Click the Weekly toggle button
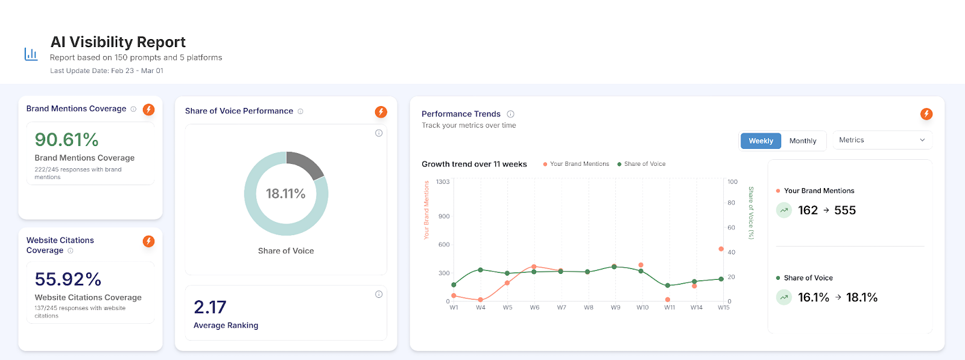tap(761, 141)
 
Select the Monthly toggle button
tap(803, 141)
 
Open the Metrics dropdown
tap(882, 140)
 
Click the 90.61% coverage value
tap(66, 140)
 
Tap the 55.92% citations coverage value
tap(68, 279)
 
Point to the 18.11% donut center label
tap(286, 194)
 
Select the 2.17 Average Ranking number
tap(210, 307)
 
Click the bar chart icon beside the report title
tap(31, 54)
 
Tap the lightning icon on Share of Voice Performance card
tap(381, 112)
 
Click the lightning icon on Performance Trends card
tap(926, 114)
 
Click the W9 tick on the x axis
tap(615, 308)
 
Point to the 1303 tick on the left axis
tap(443, 182)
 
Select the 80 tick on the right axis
tap(731, 203)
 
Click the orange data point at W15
tap(721, 249)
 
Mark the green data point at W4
tap(481, 270)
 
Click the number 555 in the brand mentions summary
tap(845, 210)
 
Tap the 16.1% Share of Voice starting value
tap(813, 297)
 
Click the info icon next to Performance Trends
tap(510, 114)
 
